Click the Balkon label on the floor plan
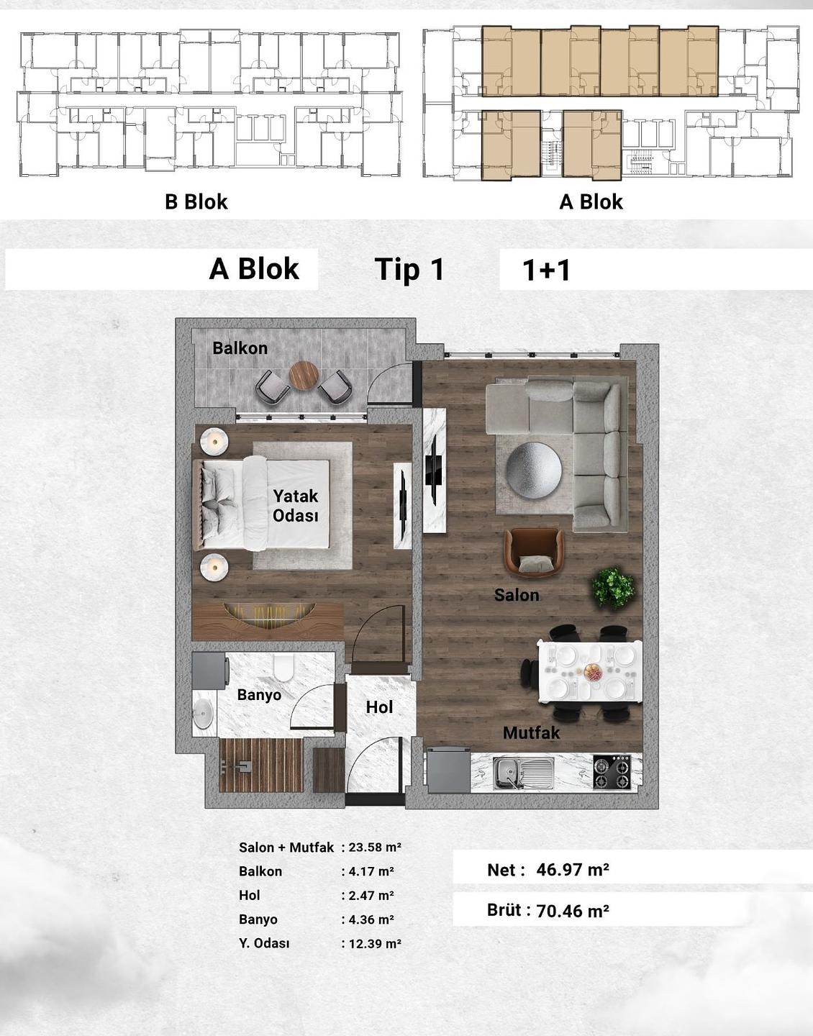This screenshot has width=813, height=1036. click(x=240, y=348)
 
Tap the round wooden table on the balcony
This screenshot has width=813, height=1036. click(x=304, y=376)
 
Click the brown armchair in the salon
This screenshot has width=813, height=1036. click(x=535, y=552)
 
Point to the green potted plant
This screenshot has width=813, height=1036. click(x=613, y=588)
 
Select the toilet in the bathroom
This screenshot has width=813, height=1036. click(x=284, y=667)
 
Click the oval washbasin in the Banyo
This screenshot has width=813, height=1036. click(x=204, y=714)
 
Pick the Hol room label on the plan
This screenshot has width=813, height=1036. click(x=379, y=707)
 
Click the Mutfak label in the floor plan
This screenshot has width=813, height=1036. click(x=532, y=733)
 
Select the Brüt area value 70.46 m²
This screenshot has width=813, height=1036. click(x=573, y=911)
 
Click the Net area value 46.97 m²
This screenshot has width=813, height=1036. click(x=573, y=870)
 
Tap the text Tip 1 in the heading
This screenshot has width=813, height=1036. click(x=409, y=269)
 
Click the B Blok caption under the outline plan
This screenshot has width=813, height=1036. click(x=196, y=201)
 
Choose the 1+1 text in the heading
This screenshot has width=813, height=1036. click(x=546, y=271)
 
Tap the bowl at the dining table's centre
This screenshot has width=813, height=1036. click(x=592, y=672)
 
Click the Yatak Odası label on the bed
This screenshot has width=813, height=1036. click(x=296, y=506)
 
